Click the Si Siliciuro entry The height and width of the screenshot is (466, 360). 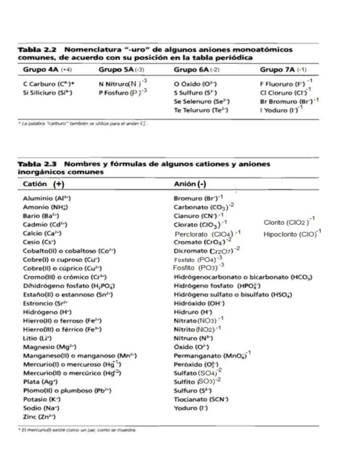43,93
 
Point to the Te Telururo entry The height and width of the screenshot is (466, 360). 196,110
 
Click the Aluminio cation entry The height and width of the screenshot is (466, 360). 46,198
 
